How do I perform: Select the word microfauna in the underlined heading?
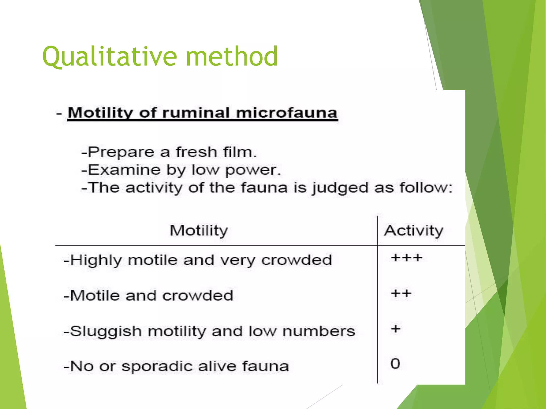point(287,113)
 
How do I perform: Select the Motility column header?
point(199,231)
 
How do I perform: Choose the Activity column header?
point(413,231)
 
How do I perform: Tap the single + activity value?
point(396,329)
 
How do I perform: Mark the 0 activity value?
point(395,364)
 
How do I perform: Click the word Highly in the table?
point(96,260)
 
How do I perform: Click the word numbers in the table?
point(319,332)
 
